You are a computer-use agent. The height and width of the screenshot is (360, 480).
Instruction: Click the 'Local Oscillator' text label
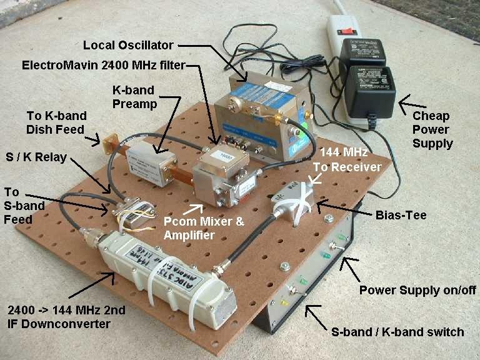(128, 46)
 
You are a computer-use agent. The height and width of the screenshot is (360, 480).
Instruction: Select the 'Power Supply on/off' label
(417, 290)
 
